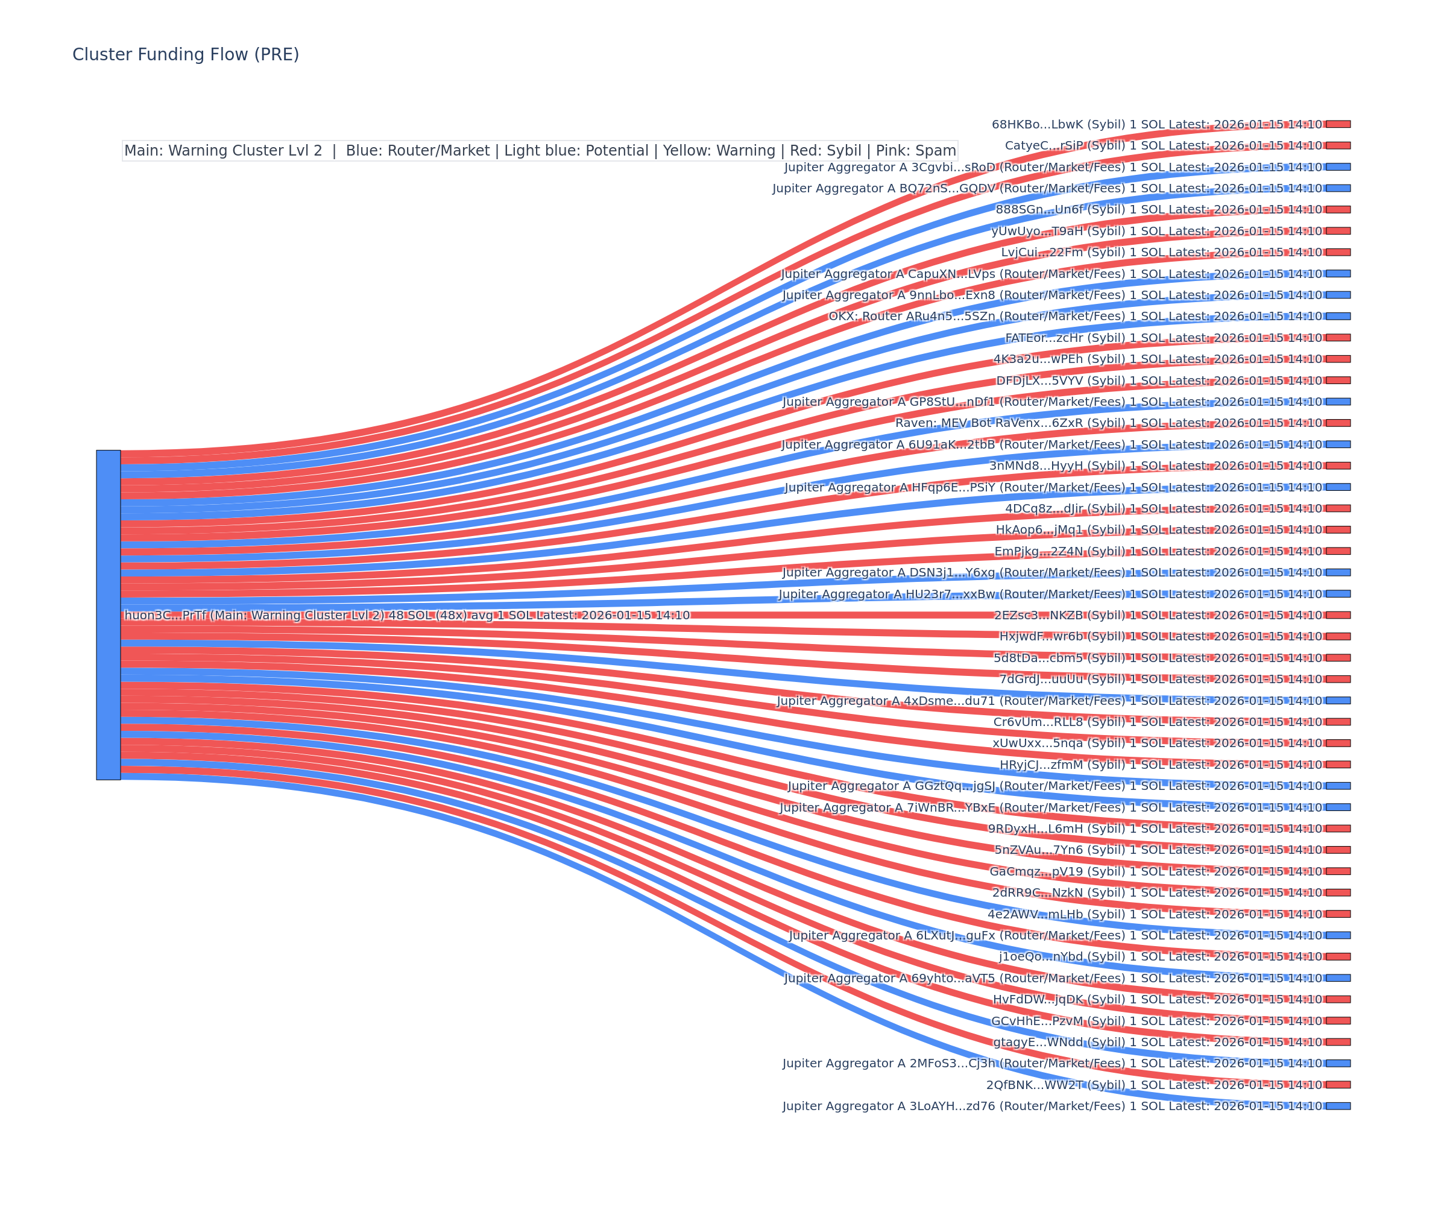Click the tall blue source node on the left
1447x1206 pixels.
108,614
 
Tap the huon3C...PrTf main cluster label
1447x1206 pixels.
406,616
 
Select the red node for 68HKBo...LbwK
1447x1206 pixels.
1338,124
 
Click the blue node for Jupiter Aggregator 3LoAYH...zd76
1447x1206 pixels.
1338,1106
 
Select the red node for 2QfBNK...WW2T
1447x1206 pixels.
1338,1085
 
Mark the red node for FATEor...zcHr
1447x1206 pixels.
1338,338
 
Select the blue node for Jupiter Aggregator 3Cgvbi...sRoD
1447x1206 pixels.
1338,167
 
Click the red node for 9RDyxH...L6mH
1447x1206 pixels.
1338,829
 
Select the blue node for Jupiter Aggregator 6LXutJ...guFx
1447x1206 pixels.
1338,935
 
